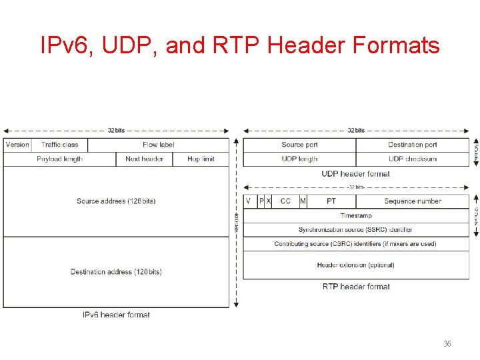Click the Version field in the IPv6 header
coord(17,145)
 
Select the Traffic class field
coord(59,145)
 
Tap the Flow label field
coord(158,145)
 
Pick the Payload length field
coord(59,159)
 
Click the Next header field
coord(144,159)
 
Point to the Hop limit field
coord(201,159)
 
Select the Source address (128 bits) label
coord(116,201)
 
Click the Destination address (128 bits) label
coord(116,272)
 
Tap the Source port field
coord(299,145)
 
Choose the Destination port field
coord(412,145)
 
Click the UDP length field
coord(299,159)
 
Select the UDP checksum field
coord(412,159)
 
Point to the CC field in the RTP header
coord(285,201)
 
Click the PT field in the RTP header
coord(331,201)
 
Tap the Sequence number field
coord(412,201)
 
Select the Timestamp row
coord(356,216)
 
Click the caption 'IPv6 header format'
coord(116,315)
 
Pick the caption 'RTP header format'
coord(356,287)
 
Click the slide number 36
coord(447,344)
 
